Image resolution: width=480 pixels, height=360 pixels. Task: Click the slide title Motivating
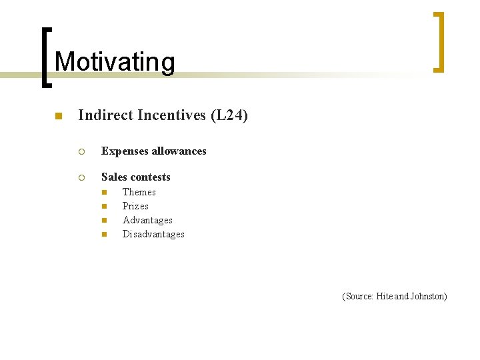point(115,62)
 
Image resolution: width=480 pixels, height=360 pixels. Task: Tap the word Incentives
point(170,115)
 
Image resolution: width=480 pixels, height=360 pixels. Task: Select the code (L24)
point(229,115)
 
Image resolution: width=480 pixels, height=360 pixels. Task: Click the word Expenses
point(125,151)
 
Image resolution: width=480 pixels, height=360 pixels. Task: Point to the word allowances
point(179,151)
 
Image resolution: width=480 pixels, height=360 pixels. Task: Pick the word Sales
point(114,177)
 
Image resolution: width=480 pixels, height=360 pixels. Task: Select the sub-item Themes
point(139,192)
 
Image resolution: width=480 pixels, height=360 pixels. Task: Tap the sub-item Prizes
point(135,206)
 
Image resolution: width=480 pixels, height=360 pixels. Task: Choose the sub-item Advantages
point(147,220)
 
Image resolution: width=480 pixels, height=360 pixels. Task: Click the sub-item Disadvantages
point(153,234)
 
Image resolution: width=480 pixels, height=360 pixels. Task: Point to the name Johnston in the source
point(428,296)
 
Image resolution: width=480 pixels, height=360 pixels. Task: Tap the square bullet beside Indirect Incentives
point(58,117)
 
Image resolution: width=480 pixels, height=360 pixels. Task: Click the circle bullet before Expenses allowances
point(81,151)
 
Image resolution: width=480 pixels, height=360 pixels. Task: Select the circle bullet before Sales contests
point(81,177)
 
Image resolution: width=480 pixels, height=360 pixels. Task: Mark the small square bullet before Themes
point(104,192)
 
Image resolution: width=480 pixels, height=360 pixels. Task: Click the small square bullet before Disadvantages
point(104,234)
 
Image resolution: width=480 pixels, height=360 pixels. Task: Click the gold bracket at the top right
point(439,41)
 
